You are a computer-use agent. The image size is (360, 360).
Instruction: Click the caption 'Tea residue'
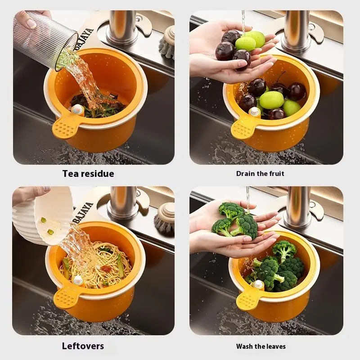click(88, 173)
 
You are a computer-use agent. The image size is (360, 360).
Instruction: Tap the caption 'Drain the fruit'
click(260, 174)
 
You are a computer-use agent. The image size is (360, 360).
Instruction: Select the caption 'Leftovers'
click(83, 346)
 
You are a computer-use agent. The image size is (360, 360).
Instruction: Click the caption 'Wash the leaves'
click(261, 346)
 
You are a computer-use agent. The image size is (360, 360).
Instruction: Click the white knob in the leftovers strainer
click(78, 280)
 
